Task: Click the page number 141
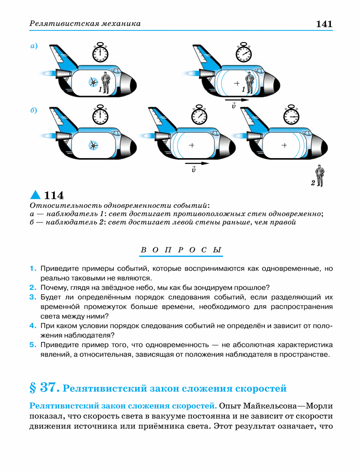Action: [x=324, y=24]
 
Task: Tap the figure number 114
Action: [x=54, y=195]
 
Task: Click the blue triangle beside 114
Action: [x=35, y=195]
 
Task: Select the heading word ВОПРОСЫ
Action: [x=181, y=250]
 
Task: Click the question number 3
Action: [x=33, y=297]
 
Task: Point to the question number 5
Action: [x=33, y=345]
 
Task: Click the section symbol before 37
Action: [x=33, y=388]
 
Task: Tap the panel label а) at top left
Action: [x=34, y=46]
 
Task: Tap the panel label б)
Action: [x=34, y=110]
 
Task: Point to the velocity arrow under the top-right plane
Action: [x=237, y=100]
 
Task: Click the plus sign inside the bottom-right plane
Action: [x=284, y=145]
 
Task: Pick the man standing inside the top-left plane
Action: [x=106, y=82]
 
